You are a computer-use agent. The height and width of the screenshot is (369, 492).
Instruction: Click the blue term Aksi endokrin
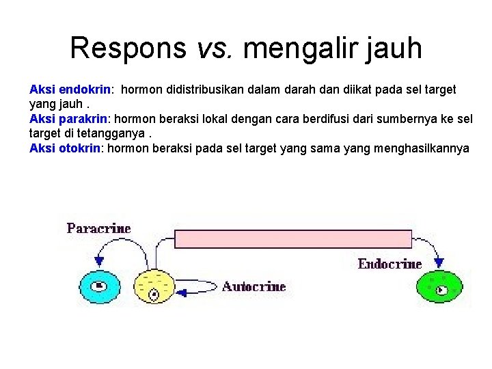70,89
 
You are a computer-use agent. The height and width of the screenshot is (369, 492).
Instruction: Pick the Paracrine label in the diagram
98,228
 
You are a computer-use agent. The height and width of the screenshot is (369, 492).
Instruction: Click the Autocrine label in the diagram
254,286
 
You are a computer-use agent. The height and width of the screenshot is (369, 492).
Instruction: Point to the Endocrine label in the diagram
389,264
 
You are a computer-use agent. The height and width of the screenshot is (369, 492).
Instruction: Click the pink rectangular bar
294,238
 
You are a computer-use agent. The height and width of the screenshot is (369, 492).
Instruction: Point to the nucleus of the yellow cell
154,295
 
